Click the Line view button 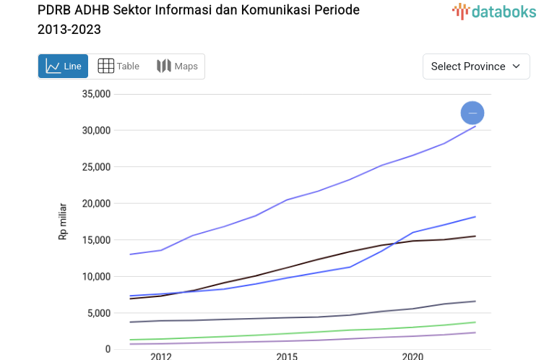63,66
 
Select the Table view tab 118,66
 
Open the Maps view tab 177,66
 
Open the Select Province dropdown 476,66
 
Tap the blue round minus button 472,113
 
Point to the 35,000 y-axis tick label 96,94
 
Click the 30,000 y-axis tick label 96,130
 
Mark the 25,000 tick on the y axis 96,167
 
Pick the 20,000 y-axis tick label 96,203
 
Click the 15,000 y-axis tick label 96,240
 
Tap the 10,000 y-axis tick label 96,276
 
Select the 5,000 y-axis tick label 98,313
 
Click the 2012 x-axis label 161,356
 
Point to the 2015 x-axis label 287,356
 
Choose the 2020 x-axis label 413,356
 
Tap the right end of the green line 475,322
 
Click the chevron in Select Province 516,66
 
